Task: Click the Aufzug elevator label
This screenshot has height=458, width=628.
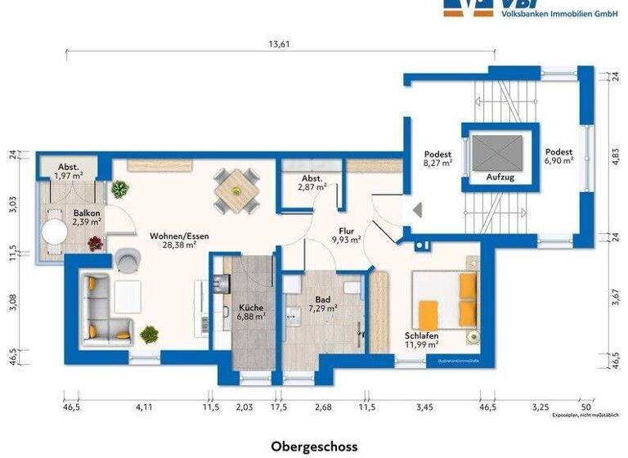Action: [500, 177]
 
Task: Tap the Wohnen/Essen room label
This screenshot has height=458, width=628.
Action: [179, 236]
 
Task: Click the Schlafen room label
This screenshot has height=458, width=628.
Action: [422, 335]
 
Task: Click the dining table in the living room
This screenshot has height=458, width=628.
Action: [235, 191]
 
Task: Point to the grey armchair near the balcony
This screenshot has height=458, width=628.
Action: [128, 259]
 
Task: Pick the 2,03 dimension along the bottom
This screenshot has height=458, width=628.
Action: [245, 406]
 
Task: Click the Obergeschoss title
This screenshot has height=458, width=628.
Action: [314, 447]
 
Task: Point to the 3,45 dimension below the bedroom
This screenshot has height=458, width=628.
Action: [424, 406]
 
